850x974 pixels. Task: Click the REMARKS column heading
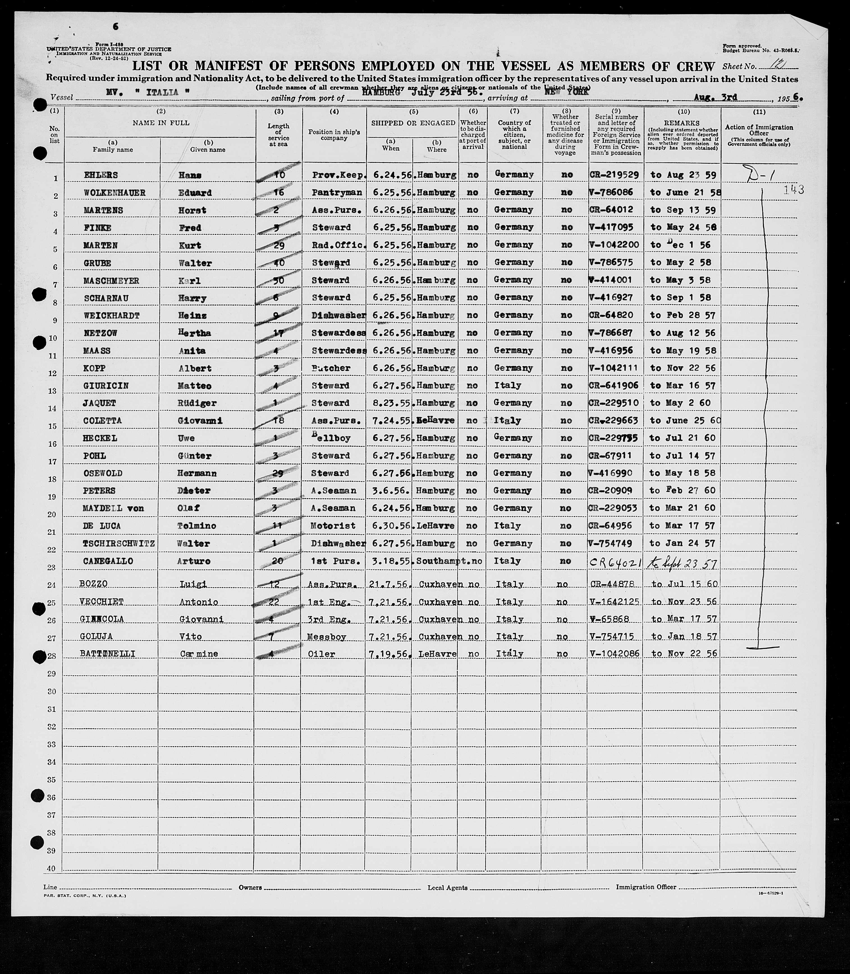point(682,123)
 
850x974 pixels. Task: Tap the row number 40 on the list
point(51,868)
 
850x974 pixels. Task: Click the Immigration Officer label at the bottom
point(646,887)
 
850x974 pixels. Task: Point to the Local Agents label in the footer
point(447,888)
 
